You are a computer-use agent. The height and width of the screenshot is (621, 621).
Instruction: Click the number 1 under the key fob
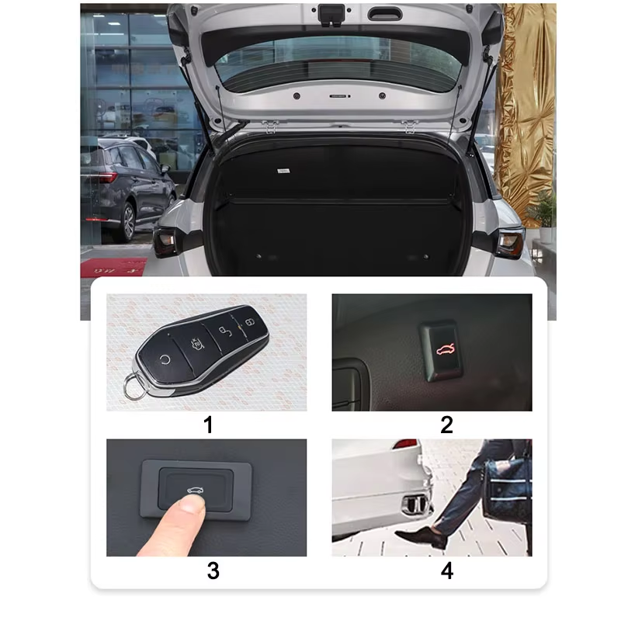point(208,425)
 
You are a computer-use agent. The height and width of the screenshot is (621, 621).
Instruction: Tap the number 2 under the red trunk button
point(446,425)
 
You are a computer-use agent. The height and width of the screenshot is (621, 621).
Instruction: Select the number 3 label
point(213,571)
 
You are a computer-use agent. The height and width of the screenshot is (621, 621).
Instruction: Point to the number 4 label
point(447,571)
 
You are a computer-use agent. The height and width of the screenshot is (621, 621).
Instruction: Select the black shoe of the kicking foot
point(420,538)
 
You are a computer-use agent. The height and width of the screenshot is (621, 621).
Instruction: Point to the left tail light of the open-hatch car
point(165,241)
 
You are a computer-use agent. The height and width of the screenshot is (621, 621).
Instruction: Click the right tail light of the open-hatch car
point(511,243)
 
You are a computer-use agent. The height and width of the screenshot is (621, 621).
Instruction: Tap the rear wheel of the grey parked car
point(128,222)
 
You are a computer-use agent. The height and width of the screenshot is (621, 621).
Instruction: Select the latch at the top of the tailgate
point(331,15)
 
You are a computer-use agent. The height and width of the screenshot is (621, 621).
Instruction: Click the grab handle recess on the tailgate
point(384,14)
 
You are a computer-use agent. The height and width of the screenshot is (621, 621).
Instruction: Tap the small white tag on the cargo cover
point(283,171)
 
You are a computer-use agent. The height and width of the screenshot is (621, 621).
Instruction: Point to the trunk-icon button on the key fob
point(196,344)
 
